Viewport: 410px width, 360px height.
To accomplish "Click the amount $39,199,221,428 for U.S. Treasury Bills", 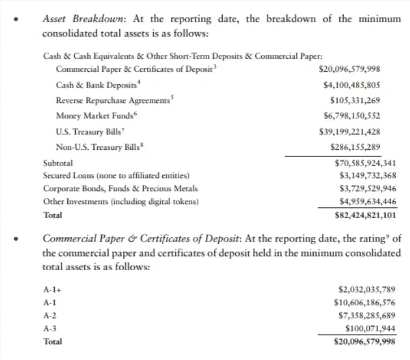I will click(349, 132).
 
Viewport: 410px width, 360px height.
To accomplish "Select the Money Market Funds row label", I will click(87, 116).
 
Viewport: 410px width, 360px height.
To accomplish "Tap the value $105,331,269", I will click(355, 101).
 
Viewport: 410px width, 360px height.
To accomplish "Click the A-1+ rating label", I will click(51, 289).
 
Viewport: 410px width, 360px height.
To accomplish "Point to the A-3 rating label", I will click(50, 328).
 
